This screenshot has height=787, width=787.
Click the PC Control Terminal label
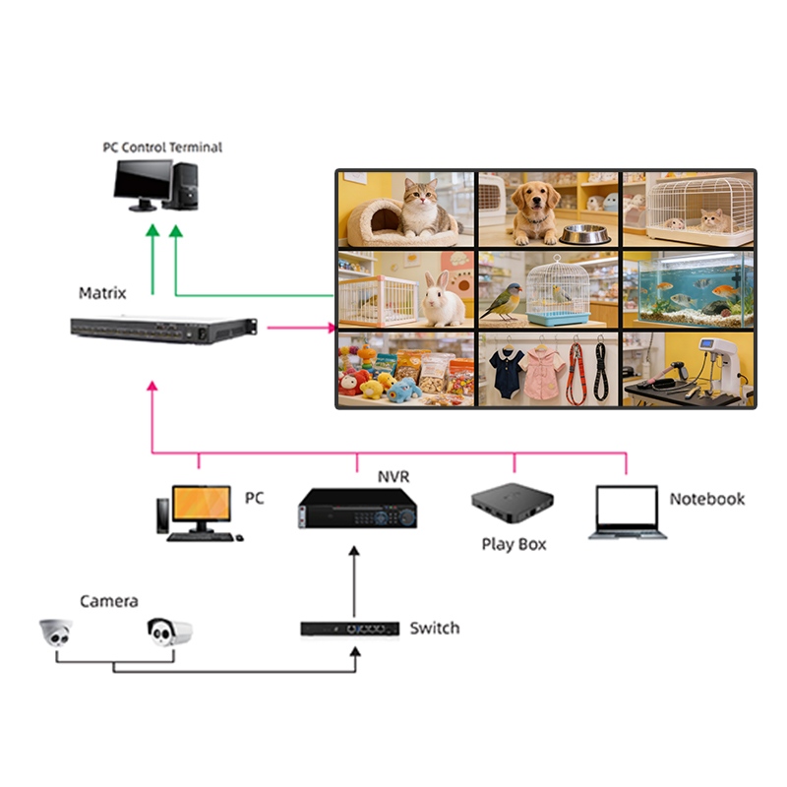tap(163, 148)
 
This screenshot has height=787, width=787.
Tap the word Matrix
tap(102, 293)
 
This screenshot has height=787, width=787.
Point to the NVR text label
tap(393, 478)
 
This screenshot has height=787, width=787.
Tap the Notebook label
tap(707, 499)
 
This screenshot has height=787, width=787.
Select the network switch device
tap(349, 628)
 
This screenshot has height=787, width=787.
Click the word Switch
tap(434, 628)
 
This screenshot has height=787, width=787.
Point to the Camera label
tap(109, 601)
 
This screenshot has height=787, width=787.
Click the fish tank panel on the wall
tap(689, 287)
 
